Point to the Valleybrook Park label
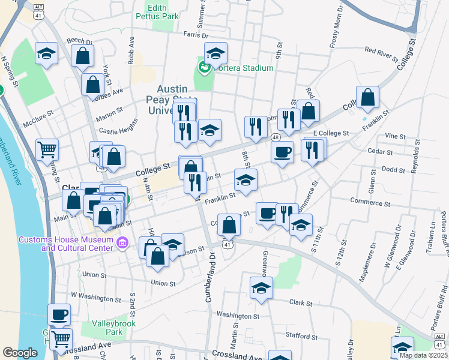coord(114,328)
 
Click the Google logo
coord(20,353)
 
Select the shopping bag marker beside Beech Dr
coord(82,56)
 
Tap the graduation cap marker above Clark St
coord(261,289)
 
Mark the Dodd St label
coord(393,170)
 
